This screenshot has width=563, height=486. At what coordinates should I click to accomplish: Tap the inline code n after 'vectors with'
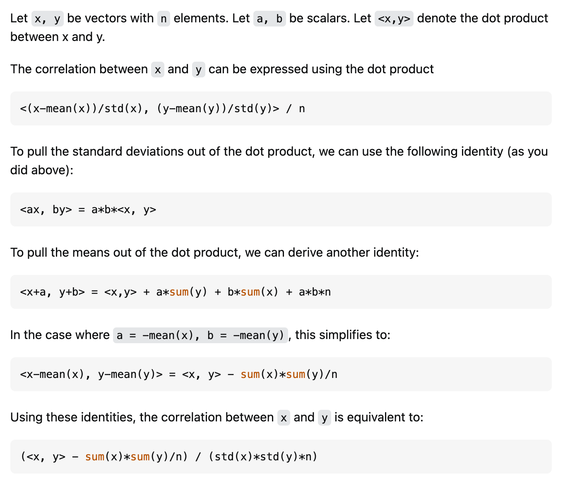point(164,19)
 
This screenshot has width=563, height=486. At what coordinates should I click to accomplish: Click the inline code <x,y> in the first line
point(394,19)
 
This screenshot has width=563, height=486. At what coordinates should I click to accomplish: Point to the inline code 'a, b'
point(269,19)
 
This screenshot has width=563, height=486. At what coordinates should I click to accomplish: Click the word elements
point(212,19)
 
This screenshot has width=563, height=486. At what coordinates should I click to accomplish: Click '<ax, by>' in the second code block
point(46,209)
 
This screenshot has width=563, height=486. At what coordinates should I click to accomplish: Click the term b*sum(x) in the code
point(253,292)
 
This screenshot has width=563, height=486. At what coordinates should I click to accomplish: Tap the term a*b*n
point(315,292)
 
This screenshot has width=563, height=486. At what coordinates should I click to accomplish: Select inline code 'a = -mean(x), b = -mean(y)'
point(200,335)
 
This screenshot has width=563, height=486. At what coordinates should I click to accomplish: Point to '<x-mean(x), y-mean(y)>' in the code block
point(91,374)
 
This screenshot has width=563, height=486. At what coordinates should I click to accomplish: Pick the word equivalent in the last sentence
point(377,417)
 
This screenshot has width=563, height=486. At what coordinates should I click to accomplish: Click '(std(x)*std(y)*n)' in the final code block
point(263,457)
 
